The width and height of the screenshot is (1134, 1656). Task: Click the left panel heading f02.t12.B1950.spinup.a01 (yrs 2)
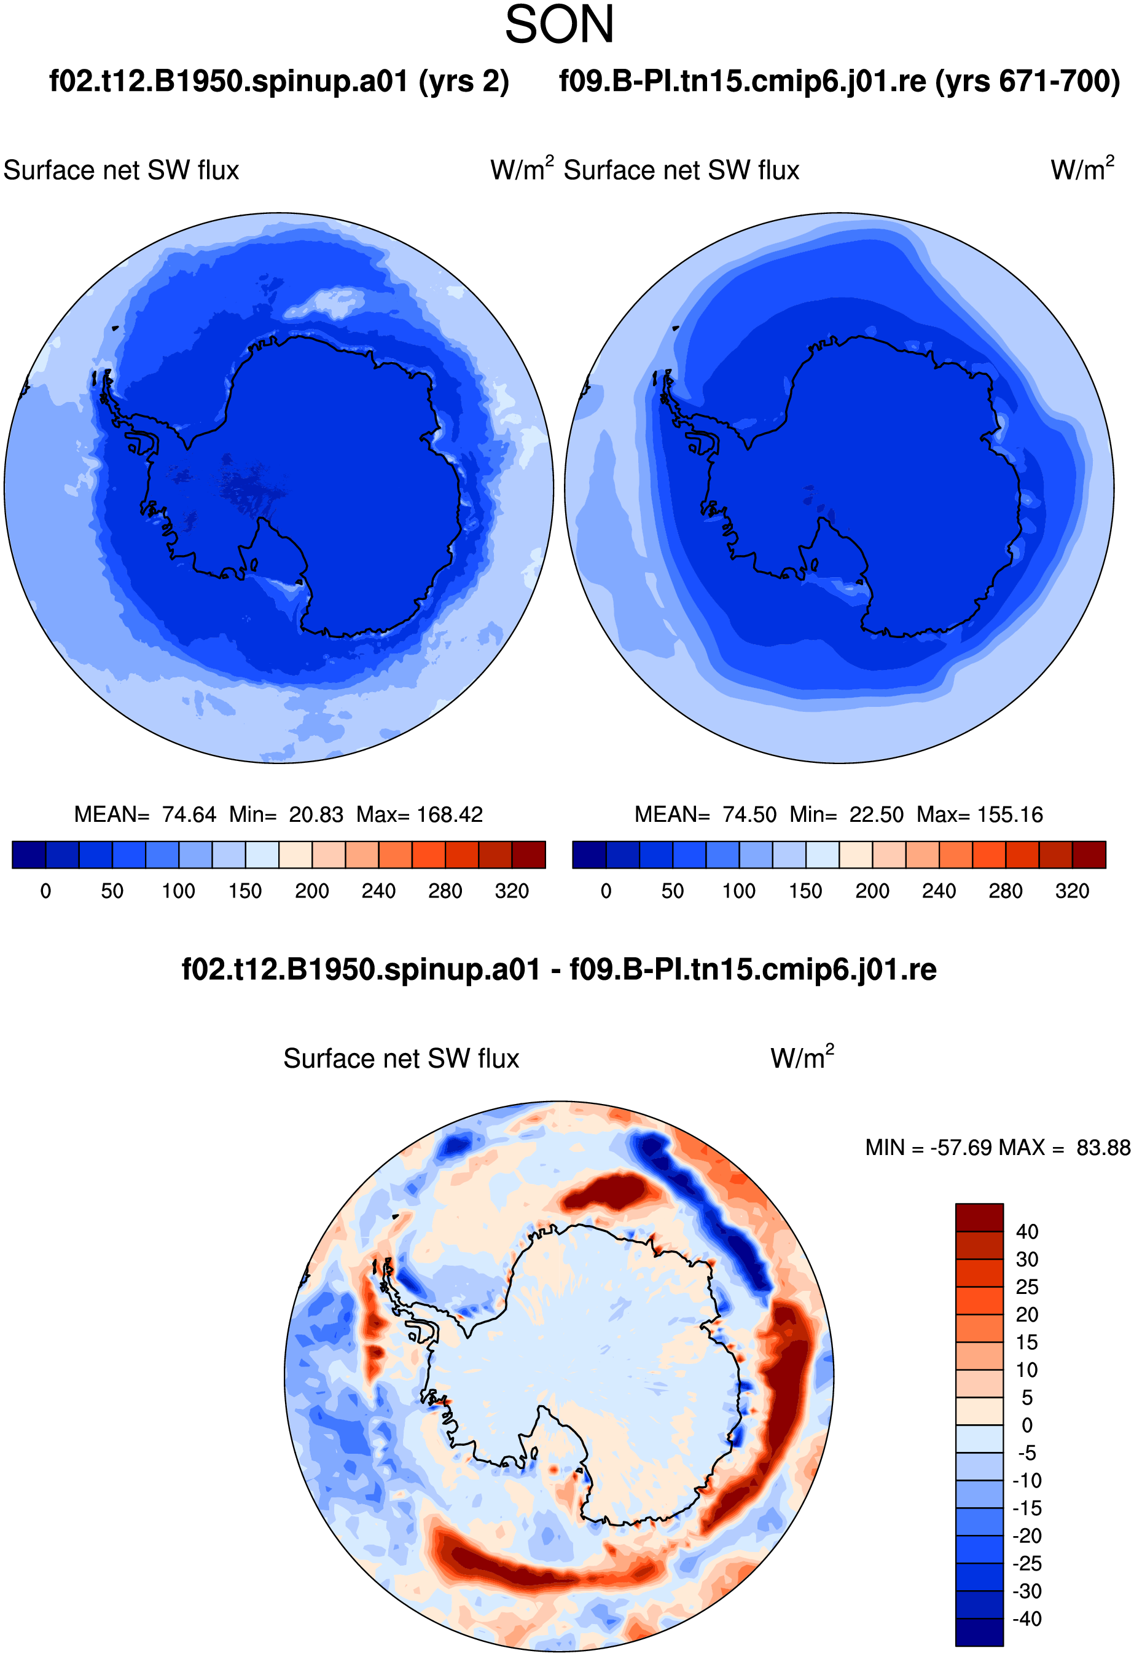[280, 81]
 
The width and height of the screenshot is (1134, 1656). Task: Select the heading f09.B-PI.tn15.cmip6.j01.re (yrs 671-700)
[840, 81]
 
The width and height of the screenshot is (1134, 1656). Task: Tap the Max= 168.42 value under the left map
[420, 814]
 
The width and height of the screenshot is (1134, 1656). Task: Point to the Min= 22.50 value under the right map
[847, 814]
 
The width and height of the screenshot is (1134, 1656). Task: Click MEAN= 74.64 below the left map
[146, 814]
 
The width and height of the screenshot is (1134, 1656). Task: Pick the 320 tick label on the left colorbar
[512, 891]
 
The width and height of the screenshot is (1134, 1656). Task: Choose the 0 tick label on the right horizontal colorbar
[606, 891]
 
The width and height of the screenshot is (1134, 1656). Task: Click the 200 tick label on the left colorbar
[312, 891]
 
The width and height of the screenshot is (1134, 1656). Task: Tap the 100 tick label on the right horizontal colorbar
[738, 891]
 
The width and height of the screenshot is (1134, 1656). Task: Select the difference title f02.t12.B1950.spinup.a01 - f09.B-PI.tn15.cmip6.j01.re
[559, 969]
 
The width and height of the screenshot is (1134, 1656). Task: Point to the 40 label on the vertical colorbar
[1027, 1231]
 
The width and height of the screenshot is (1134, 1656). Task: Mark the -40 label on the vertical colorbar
[1027, 1619]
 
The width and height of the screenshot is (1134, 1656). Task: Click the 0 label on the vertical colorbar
[1027, 1425]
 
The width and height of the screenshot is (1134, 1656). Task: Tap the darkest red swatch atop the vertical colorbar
[979, 1217]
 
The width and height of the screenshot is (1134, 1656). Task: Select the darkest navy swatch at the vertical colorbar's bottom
[979, 1633]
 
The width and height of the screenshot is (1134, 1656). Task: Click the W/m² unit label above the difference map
[802, 1057]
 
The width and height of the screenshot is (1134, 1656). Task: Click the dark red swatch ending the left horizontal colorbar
[528, 854]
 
